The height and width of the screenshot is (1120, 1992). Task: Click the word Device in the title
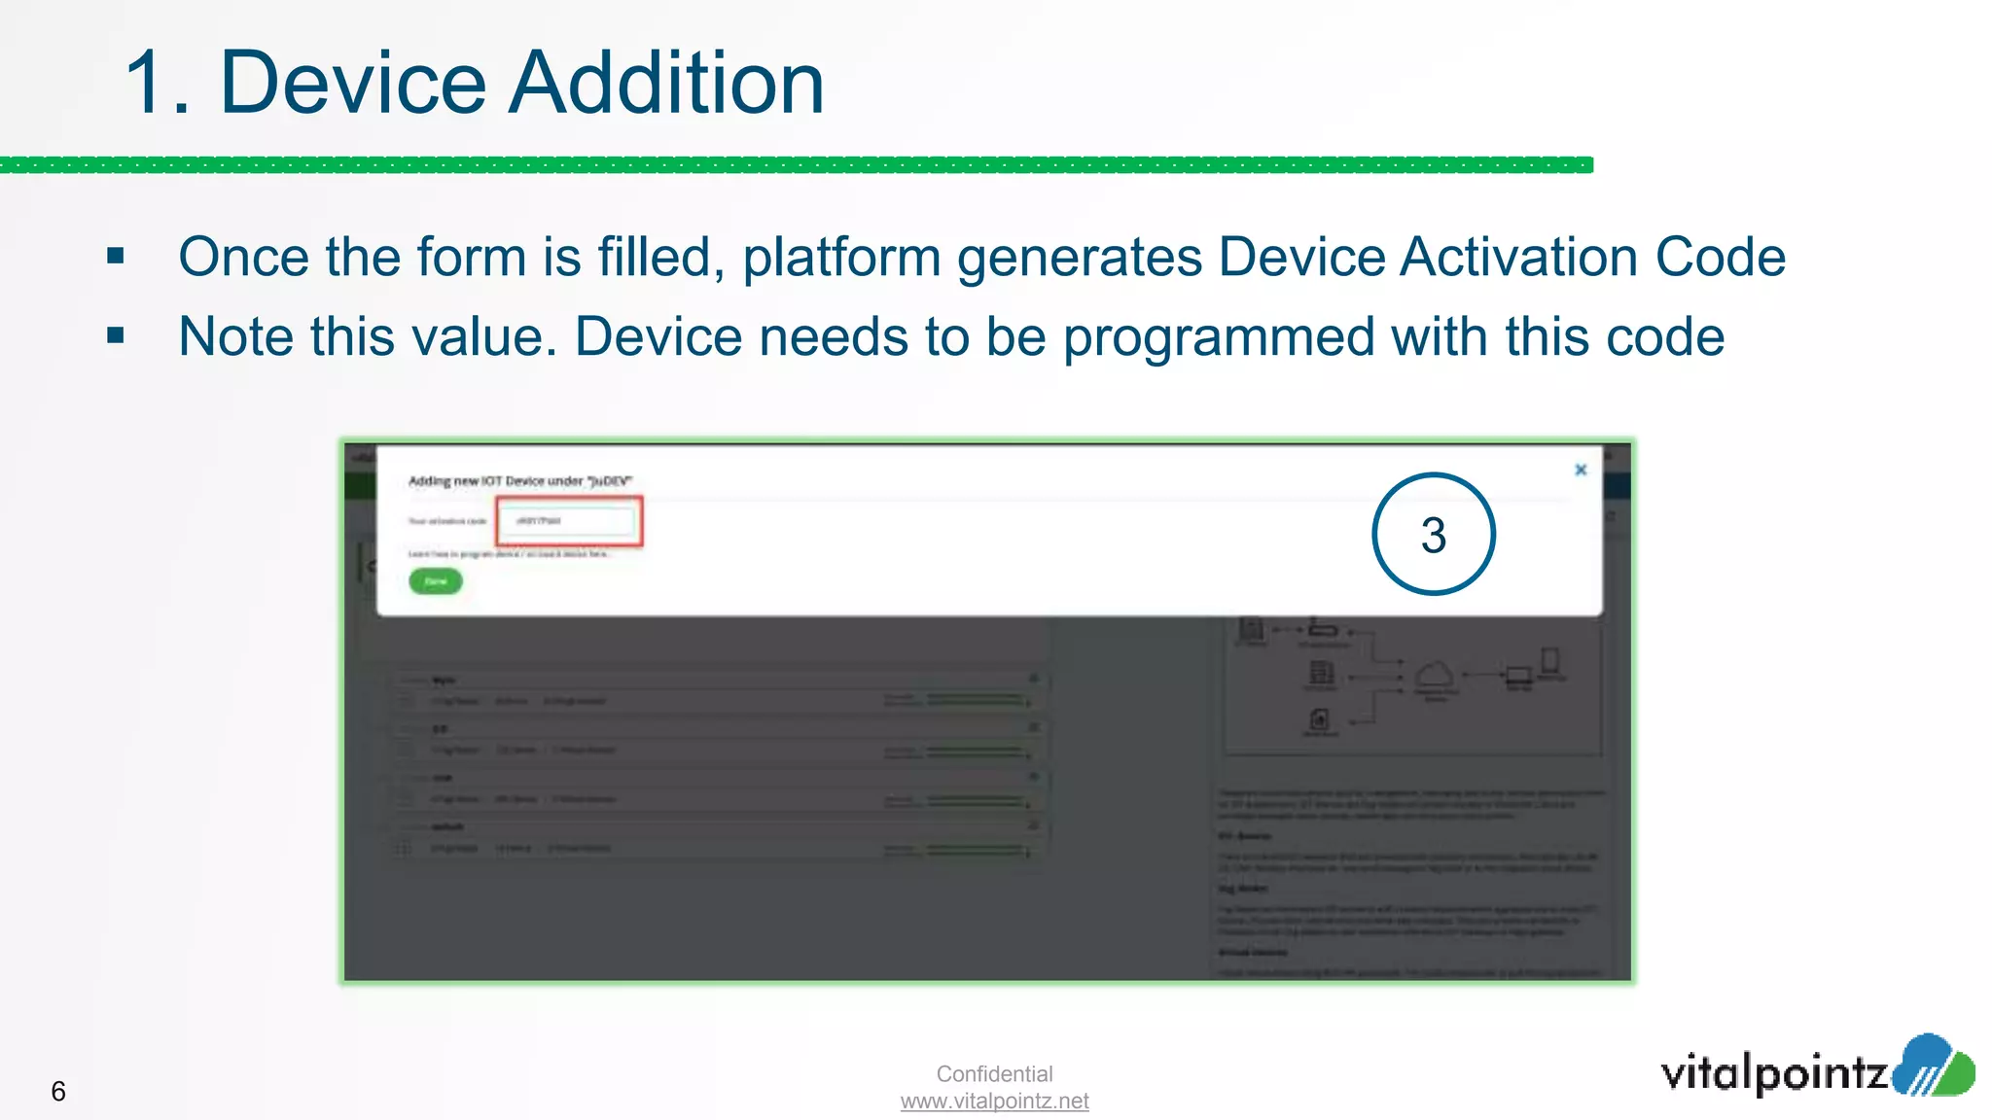coord(352,84)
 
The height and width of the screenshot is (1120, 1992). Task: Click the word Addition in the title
coord(667,84)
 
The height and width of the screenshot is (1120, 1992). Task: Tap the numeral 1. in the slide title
coord(156,86)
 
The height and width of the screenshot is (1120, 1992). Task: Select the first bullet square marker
coord(116,257)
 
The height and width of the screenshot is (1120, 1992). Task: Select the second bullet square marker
coord(116,336)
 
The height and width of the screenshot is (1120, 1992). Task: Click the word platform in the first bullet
coord(841,259)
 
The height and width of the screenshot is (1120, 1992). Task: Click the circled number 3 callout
coord(1433,534)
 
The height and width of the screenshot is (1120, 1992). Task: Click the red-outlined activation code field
coord(569,521)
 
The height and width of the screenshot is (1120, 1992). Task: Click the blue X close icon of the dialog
coord(1581,470)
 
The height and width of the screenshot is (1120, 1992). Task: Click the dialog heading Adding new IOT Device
coord(519,480)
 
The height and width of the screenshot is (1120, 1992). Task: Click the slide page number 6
coord(58,1091)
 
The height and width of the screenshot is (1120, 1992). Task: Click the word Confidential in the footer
coord(994,1073)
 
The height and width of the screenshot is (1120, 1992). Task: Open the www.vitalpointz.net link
coord(994,1101)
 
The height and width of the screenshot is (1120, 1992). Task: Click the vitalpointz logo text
coord(1772,1073)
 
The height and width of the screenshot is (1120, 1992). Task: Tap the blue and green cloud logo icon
coord(1934,1066)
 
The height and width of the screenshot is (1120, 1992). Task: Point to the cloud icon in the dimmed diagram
coord(1435,674)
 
